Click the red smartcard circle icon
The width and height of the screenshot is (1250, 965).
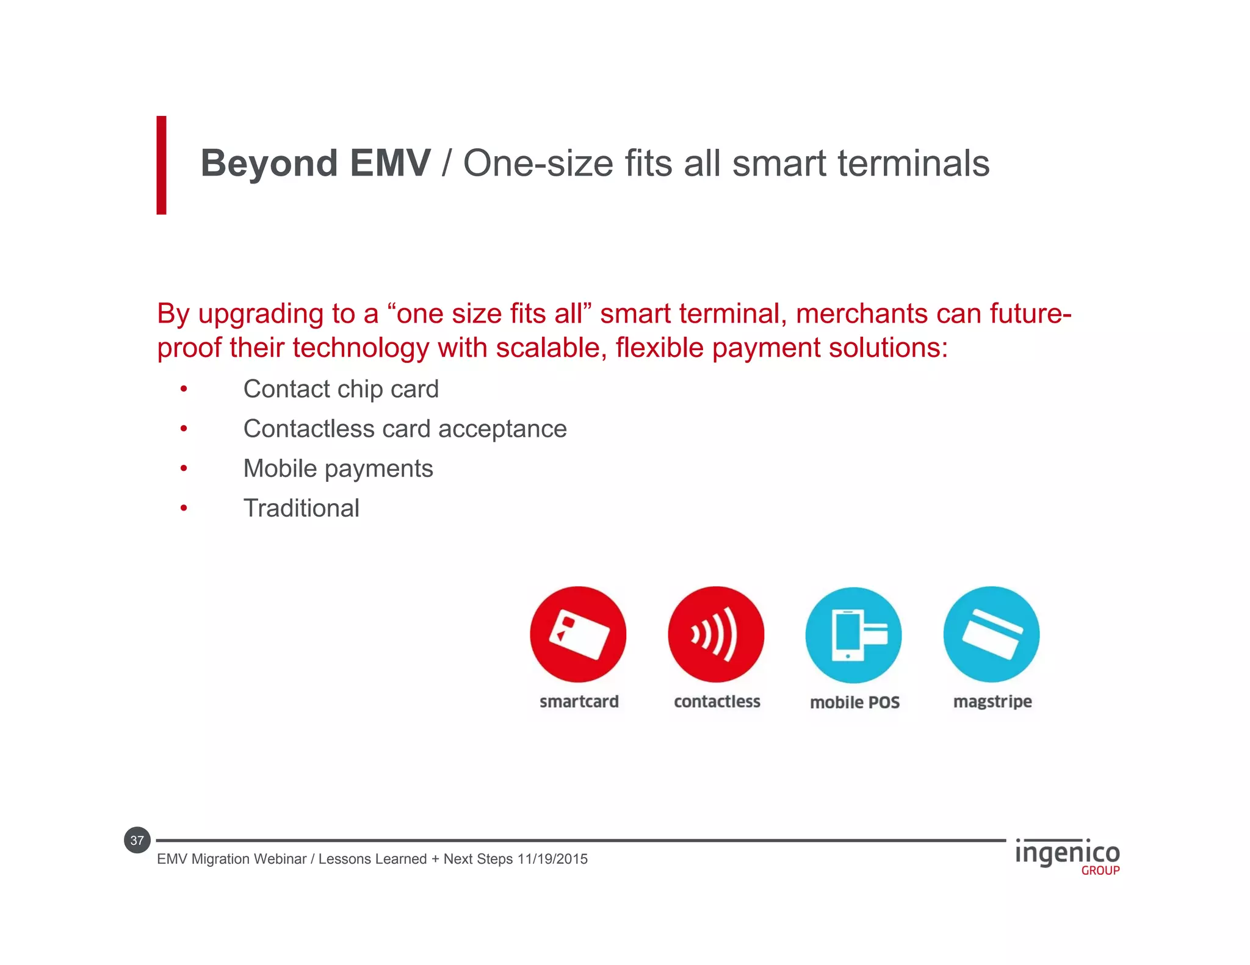pos(578,634)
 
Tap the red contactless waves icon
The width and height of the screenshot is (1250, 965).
pos(715,634)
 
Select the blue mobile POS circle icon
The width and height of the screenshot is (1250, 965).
pos(853,635)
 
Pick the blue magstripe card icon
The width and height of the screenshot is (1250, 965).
pos(991,634)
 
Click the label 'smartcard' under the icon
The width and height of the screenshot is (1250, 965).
pos(579,701)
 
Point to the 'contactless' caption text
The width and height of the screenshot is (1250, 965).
pos(717,701)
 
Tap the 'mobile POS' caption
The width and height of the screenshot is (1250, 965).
pos(854,703)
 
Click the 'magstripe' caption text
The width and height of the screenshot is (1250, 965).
pos(992,701)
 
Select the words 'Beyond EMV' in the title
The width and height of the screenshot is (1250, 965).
pos(316,163)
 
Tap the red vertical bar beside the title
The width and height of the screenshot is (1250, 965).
pos(161,165)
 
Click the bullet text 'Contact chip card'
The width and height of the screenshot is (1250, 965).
pos(341,389)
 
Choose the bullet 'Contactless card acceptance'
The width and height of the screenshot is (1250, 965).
pos(405,429)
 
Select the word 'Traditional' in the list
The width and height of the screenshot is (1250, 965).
pos(301,508)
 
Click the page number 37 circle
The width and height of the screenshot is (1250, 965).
pos(137,841)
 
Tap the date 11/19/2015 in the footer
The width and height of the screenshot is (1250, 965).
pos(552,859)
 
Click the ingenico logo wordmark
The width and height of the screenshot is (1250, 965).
pos(1067,853)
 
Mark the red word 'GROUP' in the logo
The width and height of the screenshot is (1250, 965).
pos(1100,871)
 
